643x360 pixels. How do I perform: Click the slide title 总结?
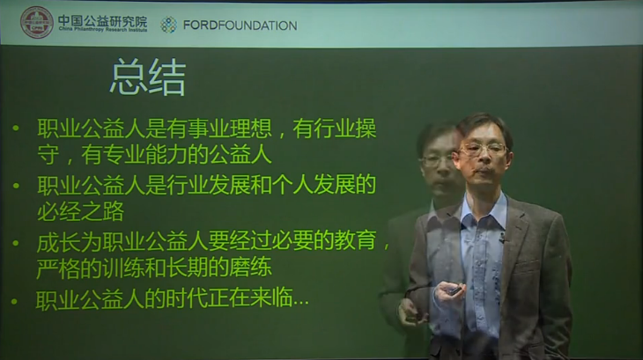pyautogui.click(x=147, y=79)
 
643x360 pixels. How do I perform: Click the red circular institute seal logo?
pyautogui.click(x=36, y=22)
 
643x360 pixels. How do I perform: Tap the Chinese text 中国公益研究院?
pyautogui.click(x=102, y=18)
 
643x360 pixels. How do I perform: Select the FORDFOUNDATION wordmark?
pyautogui.click(x=240, y=26)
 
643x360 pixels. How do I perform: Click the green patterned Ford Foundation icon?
pyautogui.click(x=169, y=25)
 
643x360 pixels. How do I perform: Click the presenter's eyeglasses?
pyautogui.click(x=482, y=151)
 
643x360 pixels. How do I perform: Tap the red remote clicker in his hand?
pyautogui.click(x=451, y=290)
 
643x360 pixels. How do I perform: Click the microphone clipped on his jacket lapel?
pyautogui.click(x=502, y=237)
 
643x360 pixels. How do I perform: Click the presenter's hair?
pyautogui.click(x=483, y=123)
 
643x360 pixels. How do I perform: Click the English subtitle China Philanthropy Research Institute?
pyautogui.click(x=102, y=29)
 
